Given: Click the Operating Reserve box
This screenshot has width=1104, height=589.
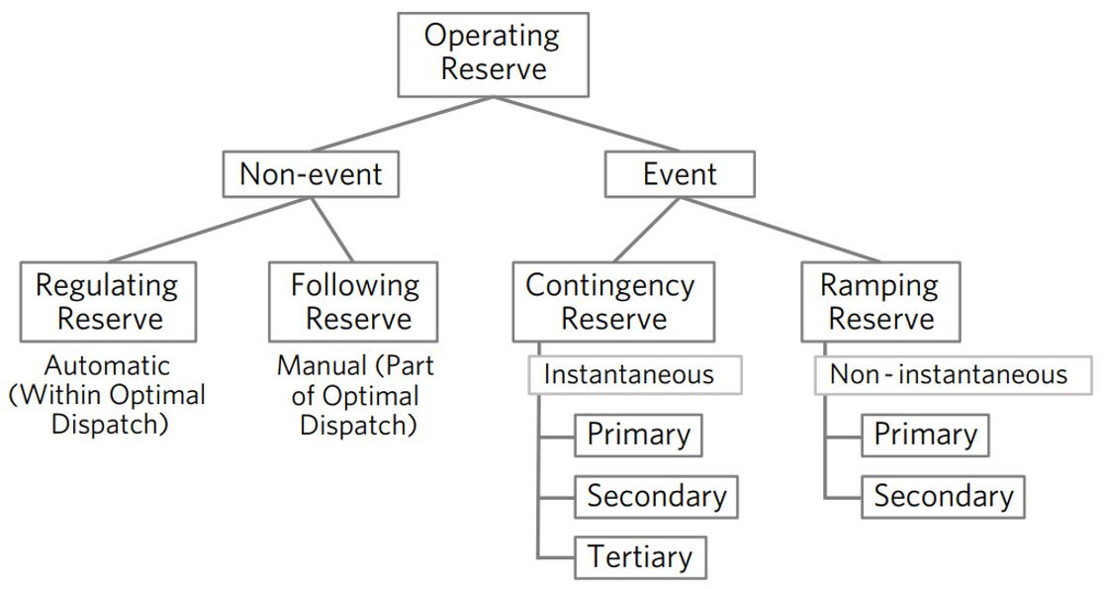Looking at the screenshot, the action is pyautogui.click(x=493, y=54).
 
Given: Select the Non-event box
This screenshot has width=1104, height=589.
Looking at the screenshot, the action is pyautogui.click(x=311, y=174).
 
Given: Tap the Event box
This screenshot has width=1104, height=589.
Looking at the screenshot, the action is pyautogui.click(x=680, y=174).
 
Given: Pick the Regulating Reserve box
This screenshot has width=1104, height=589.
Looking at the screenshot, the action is pyautogui.click(x=108, y=302).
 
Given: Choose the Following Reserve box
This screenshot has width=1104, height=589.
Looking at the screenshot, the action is pyautogui.click(x=353, y=302).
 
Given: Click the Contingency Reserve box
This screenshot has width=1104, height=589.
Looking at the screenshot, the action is pyautogui.click(x=613, y=302).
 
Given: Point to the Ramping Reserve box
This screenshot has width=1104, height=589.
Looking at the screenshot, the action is pyautogui.click(x=880, y=302).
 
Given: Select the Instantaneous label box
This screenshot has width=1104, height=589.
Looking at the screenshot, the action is pyautogui.click(x=634, y=375).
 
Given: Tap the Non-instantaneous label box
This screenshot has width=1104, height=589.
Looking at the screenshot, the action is pyautogui.click(x=954, y=375).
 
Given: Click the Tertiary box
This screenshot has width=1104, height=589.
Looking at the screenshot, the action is pyautogui.click(x=640, y=557).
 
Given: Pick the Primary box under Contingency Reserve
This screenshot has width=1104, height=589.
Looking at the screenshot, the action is pyautogui.click(x=638, y=436).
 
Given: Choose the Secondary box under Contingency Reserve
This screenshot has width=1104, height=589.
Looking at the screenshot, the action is pyautogui.click(x=656, y=497).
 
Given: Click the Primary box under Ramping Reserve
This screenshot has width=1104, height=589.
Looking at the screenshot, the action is pyautogui.click(x=925, y=436).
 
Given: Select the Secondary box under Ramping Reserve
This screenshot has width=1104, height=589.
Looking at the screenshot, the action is pyautogui.click(x=943, y=497).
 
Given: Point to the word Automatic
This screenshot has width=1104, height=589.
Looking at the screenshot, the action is pyautogui.click(x=108, y=365).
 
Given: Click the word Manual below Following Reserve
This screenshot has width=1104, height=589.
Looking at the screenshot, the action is pyautogui.click(x=322, y=365).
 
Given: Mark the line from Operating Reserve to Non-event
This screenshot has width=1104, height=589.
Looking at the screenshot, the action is pyautogui.click(x=402, y=124).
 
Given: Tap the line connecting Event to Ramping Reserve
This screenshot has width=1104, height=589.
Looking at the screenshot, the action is pyautogui.click(x=781, y=230).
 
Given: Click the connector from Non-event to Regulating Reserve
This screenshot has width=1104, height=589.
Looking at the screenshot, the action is pyautogui.click(x=209, y=230).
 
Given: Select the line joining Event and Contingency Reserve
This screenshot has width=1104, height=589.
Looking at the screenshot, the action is pyautogui.click(x=646, y=230).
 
